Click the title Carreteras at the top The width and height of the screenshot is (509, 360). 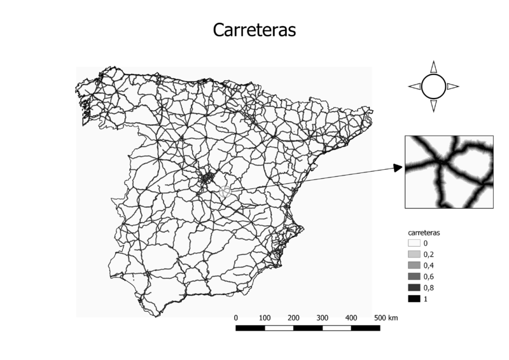(254, 31)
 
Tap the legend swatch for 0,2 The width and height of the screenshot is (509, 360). (414, 254)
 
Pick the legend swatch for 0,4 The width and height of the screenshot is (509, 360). (414, 265)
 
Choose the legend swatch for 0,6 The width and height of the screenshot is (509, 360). (414, 276)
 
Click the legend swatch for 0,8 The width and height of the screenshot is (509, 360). (414, 287)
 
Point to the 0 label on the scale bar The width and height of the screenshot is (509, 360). (236, 317)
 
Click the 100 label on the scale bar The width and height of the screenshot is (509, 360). (265, 317)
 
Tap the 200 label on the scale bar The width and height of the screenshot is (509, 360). (293, 317)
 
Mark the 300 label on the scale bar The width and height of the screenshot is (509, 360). (323, 317)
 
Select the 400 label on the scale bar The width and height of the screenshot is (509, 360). (351, 317)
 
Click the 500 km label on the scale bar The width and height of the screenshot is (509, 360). (386, 317)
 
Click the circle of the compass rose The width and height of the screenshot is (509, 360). (433, 87)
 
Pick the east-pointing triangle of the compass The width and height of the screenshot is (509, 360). (452, 87)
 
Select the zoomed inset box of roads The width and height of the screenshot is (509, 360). (449, 172)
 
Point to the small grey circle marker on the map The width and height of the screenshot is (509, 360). (225, 191)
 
